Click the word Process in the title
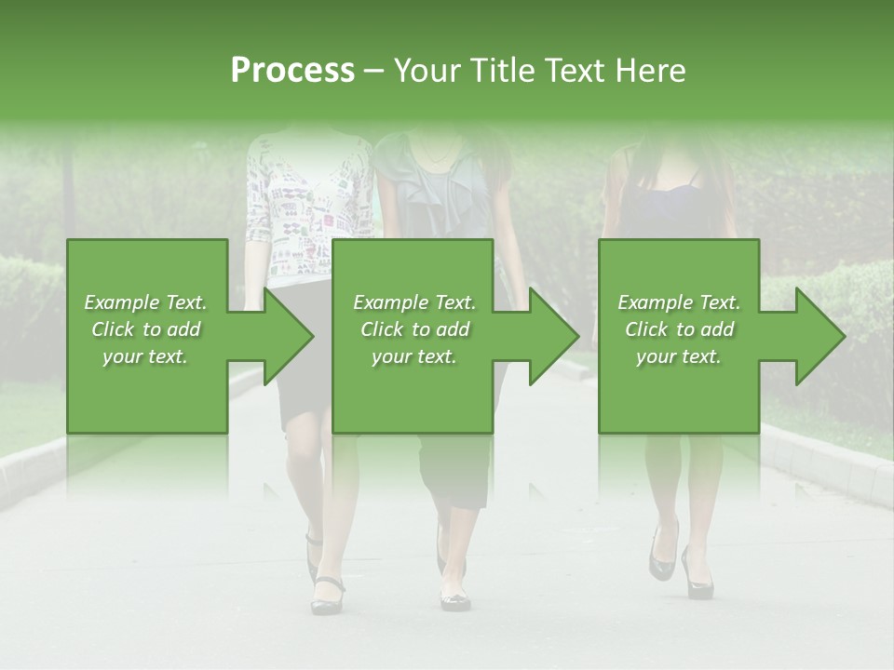point(292,70)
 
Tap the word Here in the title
point(649,70)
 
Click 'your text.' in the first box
point(145,356)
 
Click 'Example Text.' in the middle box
point(413,302)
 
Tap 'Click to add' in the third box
point(680,329)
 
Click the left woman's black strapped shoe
point(327,596)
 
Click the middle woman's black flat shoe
point(455,599)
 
